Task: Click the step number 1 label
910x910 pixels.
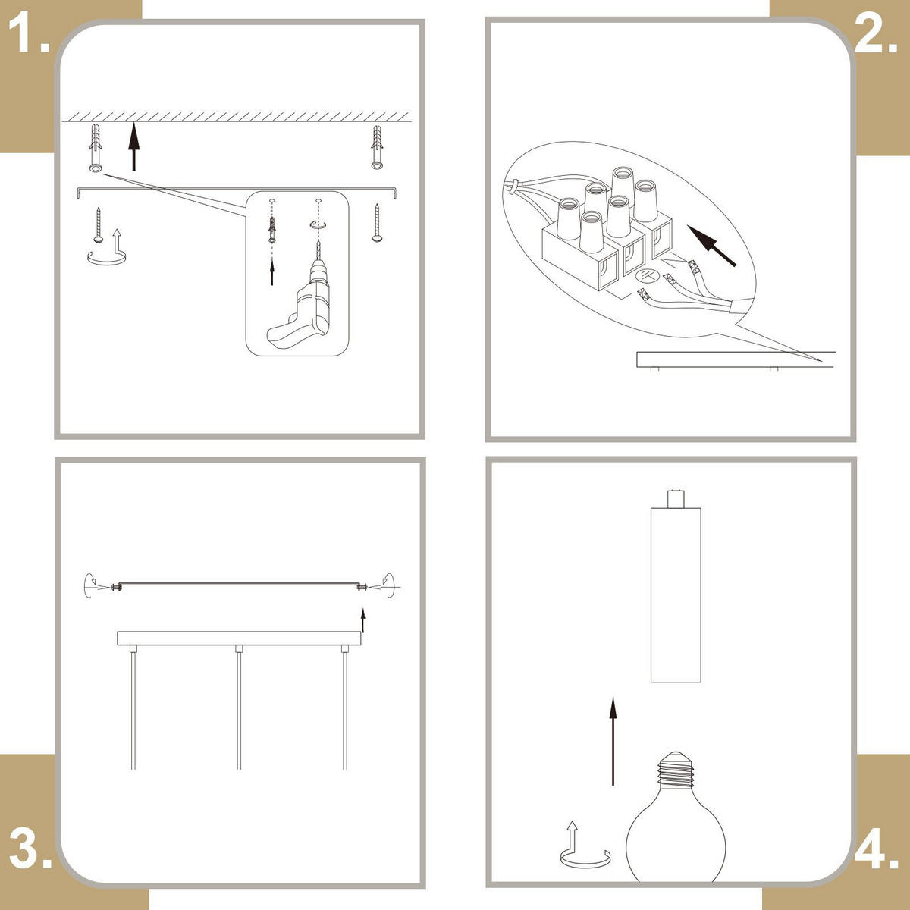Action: click(28, 34)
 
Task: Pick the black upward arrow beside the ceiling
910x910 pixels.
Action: click(134, 146)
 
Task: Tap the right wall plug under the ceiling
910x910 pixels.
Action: click(377, 147)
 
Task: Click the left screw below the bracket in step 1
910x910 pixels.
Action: click(99, 224)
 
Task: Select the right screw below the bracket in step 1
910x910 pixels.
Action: click(377, 223)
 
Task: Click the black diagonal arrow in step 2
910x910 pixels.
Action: click(711, 246)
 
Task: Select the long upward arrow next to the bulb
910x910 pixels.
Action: click(613, 741)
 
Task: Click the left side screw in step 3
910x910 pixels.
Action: click(116, 588)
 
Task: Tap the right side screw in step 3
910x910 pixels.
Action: click(362, 588)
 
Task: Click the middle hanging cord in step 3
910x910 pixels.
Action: click(239, 708)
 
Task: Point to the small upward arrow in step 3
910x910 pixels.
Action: click(362, 621)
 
